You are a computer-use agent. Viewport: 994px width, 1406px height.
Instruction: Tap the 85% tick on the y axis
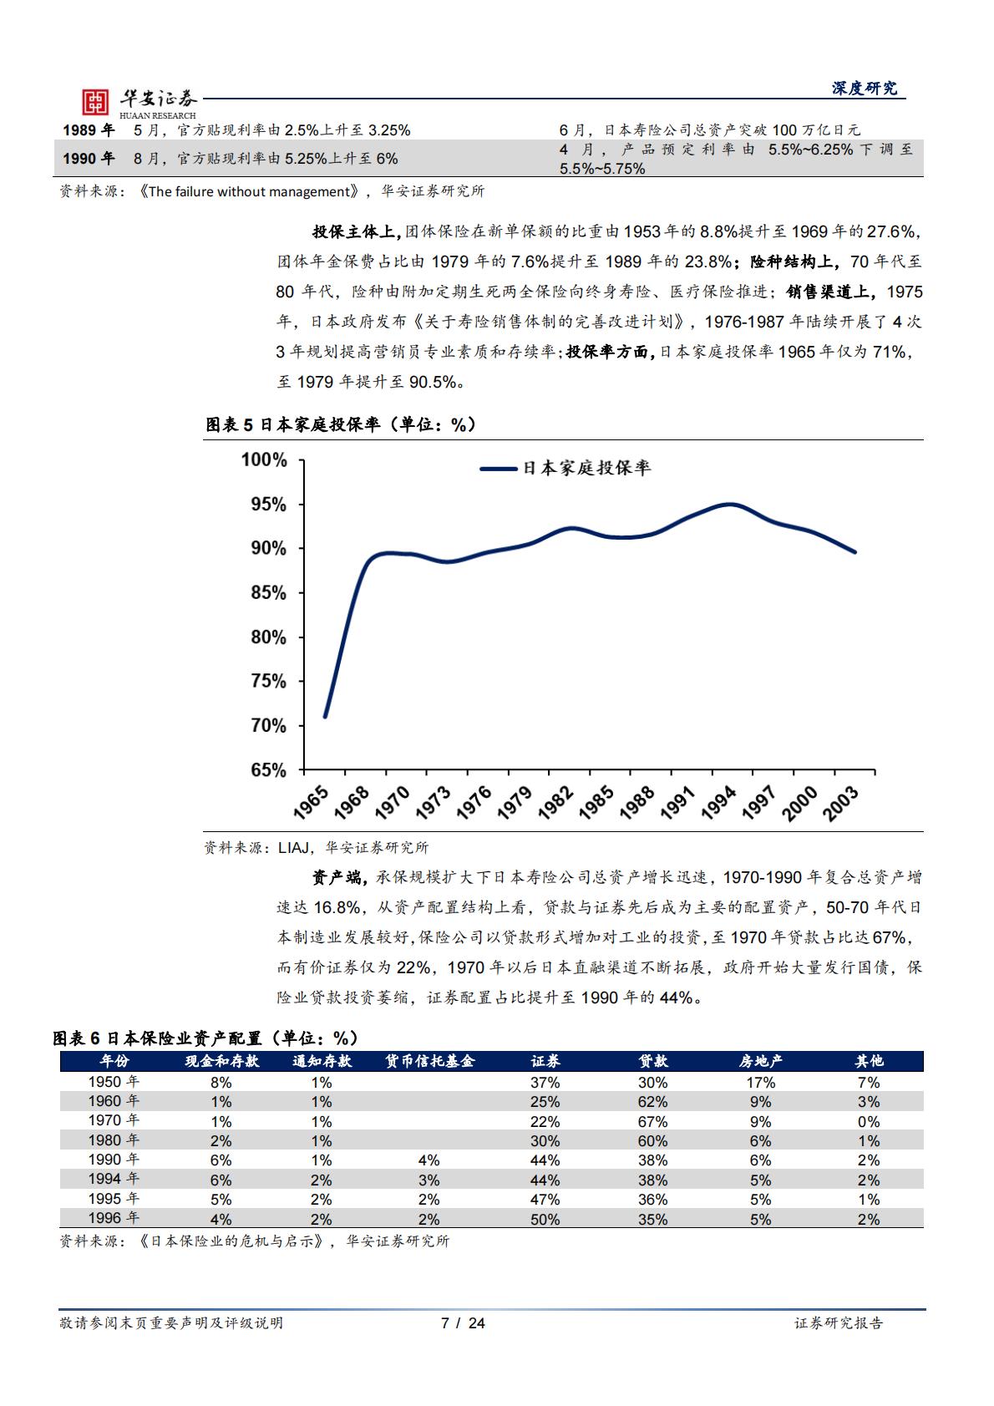click(x=264, y=593)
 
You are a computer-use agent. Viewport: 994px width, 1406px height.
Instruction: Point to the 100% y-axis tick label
click(x=264, y=460)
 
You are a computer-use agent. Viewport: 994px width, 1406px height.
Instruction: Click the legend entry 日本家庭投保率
click(x=586, y=469)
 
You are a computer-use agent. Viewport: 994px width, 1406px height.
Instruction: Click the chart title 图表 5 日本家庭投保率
click(x=341, y=425)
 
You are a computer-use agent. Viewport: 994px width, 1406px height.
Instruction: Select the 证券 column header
click(x=545, y=1061)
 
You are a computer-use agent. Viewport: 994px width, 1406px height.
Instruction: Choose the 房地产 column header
click(x=760, y=1061)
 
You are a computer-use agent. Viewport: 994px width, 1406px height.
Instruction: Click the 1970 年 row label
click(x=114, y=1121)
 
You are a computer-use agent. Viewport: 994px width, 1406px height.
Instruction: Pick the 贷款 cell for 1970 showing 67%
click(x=652, y=1121)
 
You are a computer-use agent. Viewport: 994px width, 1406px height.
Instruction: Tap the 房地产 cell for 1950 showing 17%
click(x=760, y=1083)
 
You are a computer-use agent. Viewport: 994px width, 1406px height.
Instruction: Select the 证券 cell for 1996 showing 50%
click(x=545, y=1219)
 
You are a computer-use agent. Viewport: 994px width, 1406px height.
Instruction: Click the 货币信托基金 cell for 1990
click(x=429, y=1160)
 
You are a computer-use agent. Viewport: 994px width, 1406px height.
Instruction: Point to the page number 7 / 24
click(x=463, y=1322)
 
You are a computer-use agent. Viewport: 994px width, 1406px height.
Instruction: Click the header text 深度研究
click(x=864, y=89)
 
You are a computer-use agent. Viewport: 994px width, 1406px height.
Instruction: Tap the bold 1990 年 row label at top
click(x=89, y=158)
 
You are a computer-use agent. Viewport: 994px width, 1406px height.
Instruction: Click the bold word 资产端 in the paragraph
click(x=337, y=877)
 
